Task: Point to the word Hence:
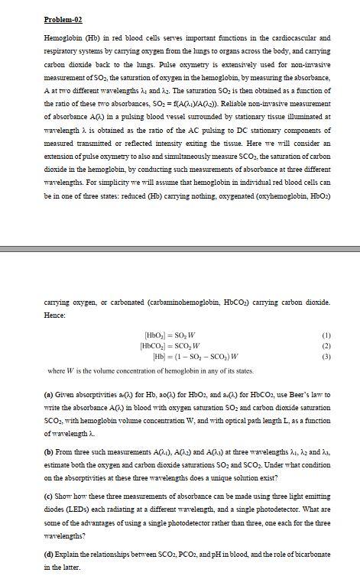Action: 56,314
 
